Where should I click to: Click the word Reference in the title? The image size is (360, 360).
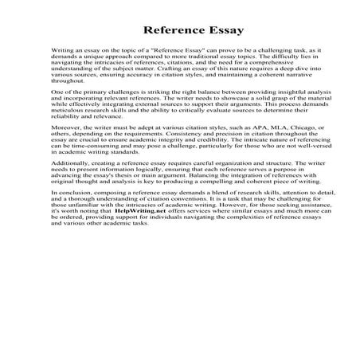click(x=170, y=30)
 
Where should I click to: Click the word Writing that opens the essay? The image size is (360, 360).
click(x=64, y=49)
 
